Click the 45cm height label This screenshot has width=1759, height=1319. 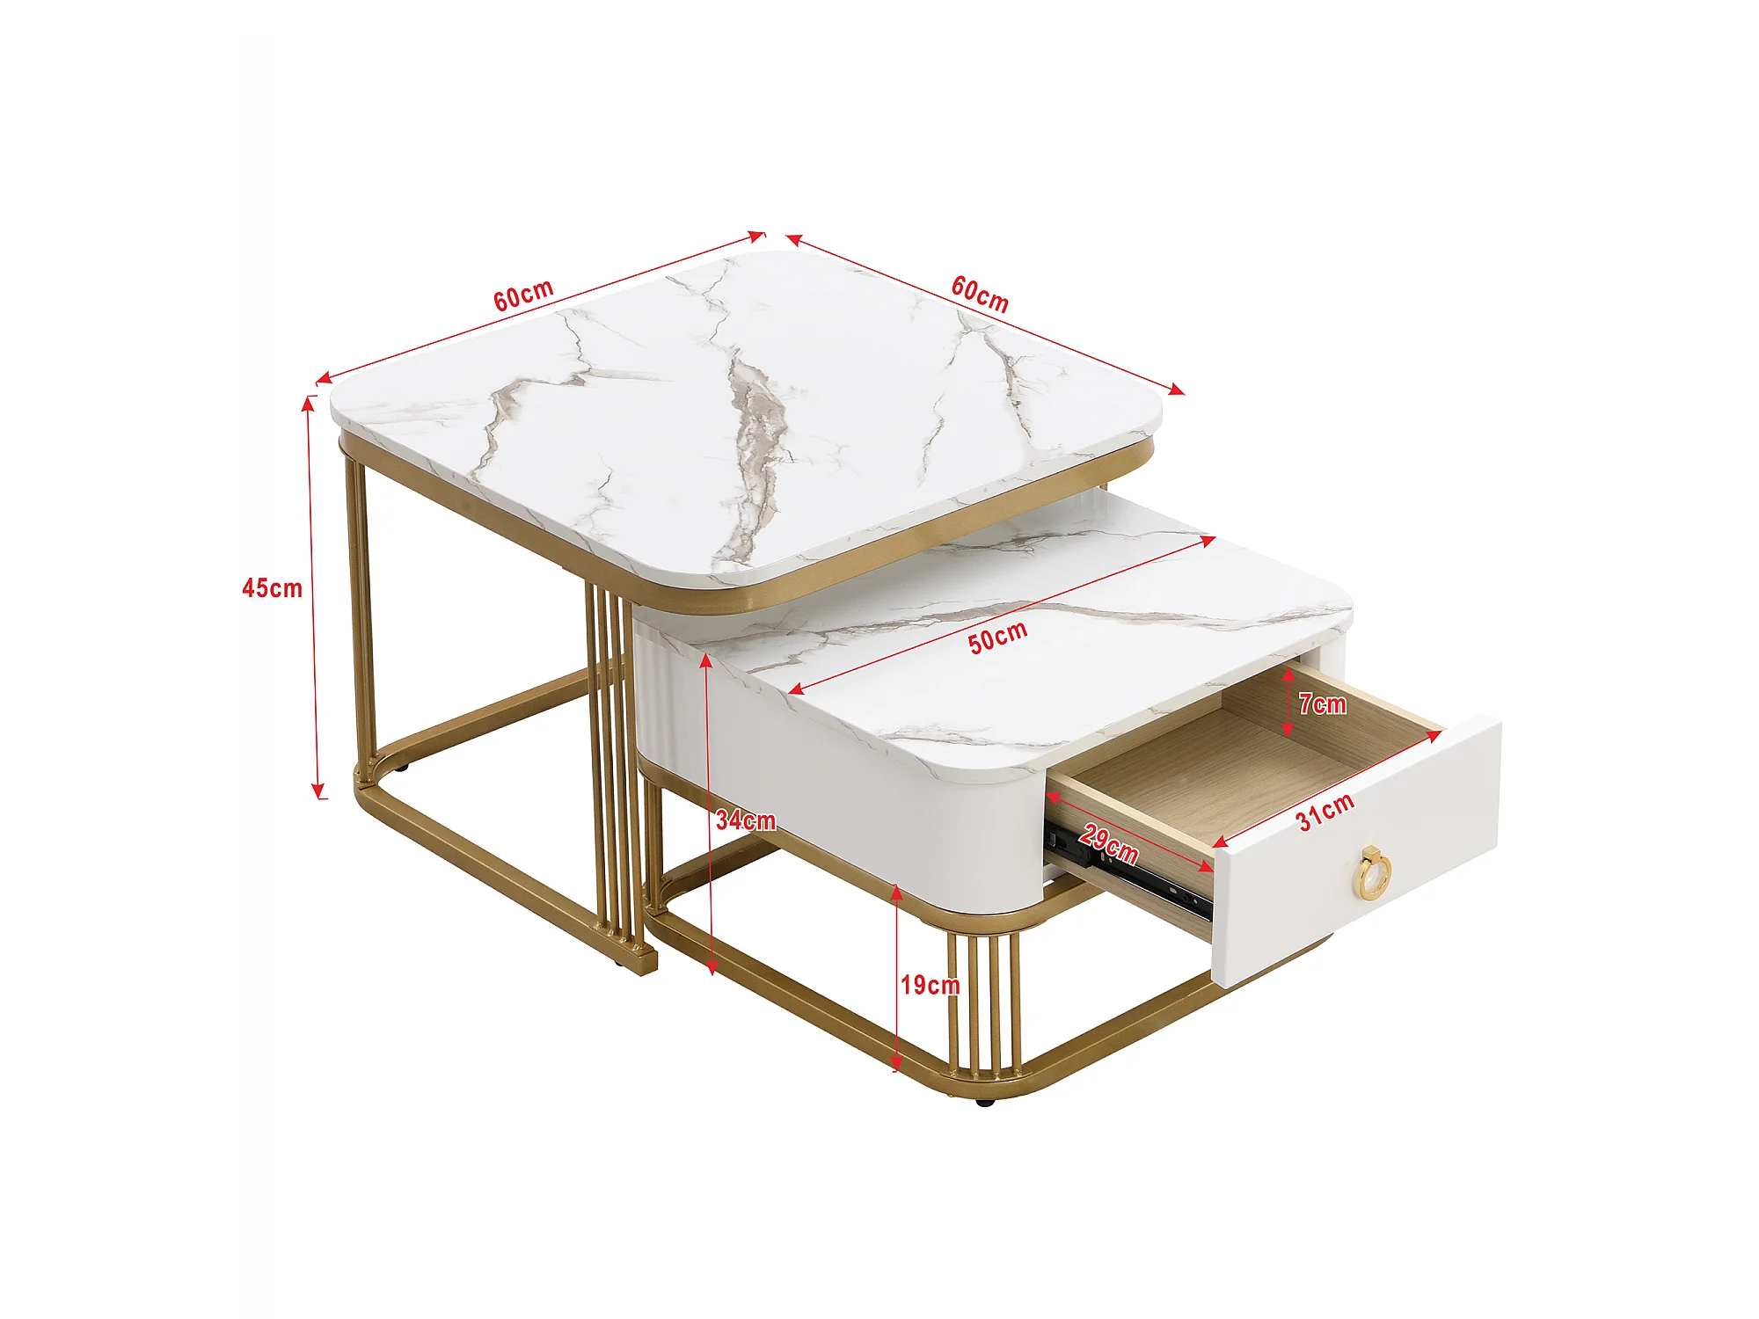[x=272, y=588]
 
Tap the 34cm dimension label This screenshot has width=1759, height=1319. [x=746, y=820]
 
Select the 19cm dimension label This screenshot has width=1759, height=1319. [x=931, y=985]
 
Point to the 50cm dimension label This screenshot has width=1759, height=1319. [x=998, y=638]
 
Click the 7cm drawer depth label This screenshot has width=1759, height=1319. [x=1323, y=703]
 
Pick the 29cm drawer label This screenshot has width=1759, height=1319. [x=1109, y=844]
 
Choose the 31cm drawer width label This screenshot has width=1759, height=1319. [x=1325, y=811]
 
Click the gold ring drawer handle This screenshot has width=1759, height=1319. [x=1374, y=872]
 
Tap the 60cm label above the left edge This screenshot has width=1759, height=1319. [x=523, y=295]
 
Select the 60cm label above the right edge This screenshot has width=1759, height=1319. [x=980, y=294]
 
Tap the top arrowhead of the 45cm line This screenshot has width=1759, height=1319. [x=308, y=404]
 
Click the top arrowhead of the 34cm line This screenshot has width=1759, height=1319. [x=706, y=661]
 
